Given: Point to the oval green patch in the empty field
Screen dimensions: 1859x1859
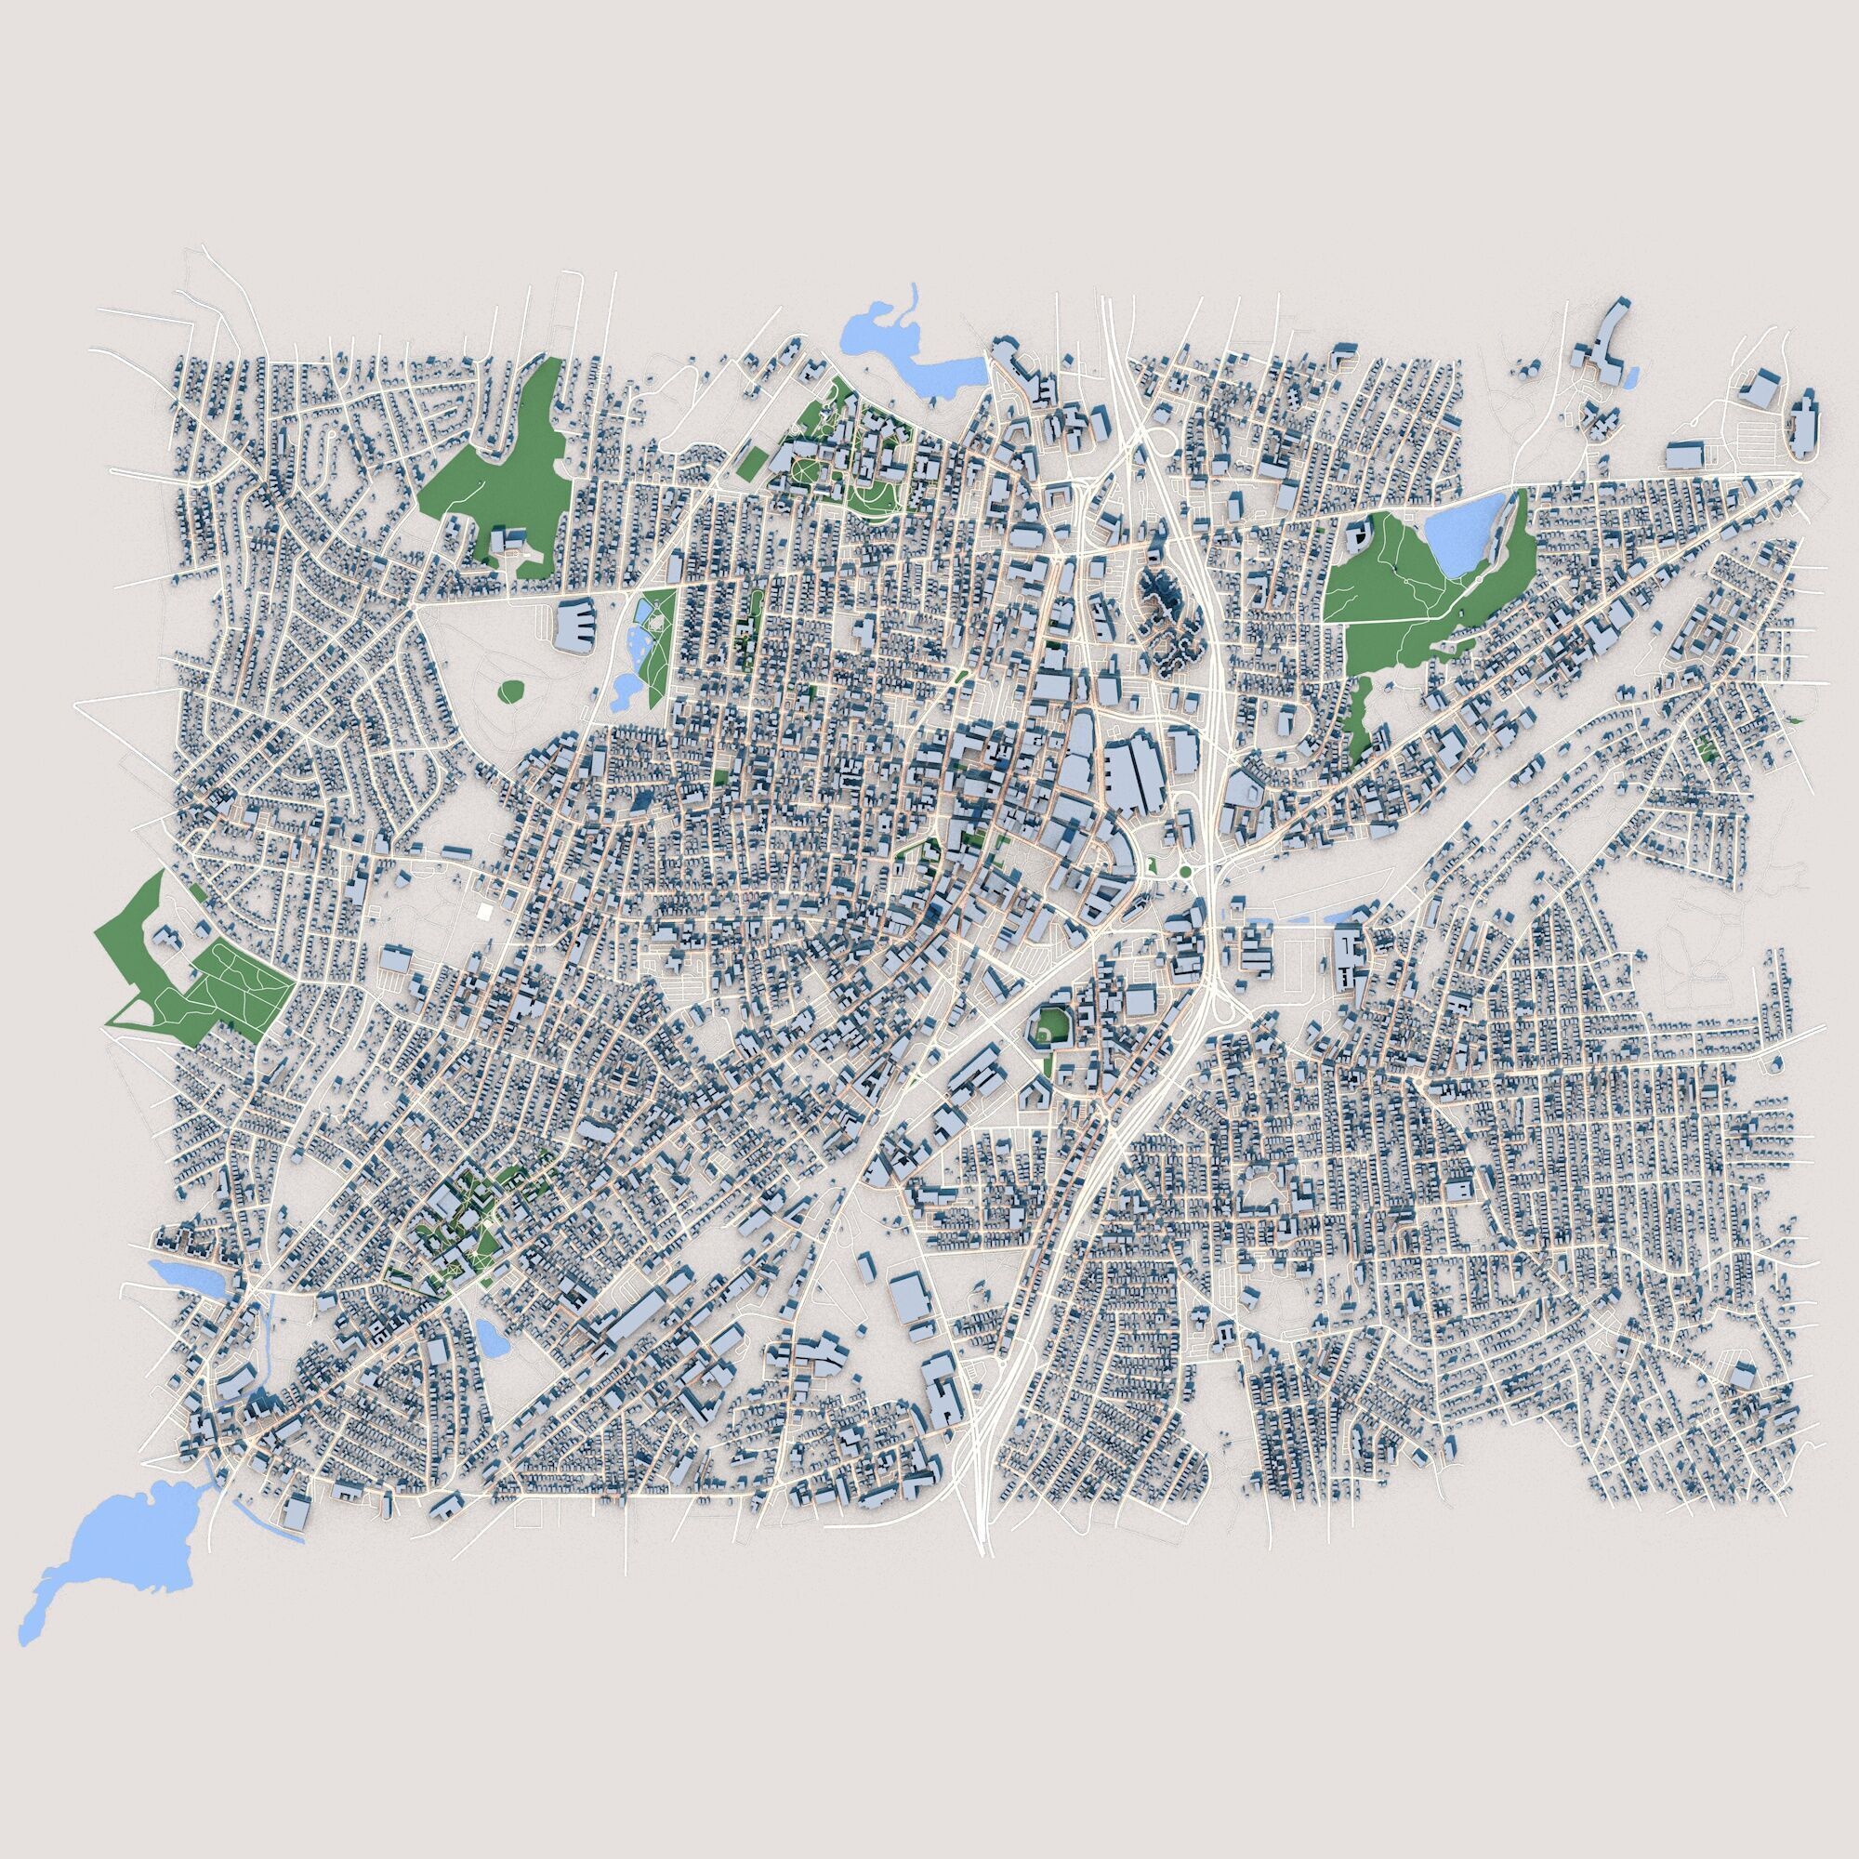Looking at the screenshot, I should [511, 690].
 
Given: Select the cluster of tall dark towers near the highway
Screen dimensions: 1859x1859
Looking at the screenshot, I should [1167, 611].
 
